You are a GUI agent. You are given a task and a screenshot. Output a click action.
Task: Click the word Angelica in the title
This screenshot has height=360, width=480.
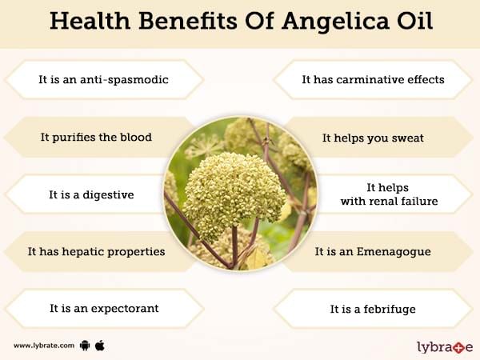click(335, 22)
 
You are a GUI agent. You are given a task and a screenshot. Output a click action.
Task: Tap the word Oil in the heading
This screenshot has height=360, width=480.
click(415, 21)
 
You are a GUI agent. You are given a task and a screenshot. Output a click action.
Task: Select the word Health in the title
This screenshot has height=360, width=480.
click(90, 21)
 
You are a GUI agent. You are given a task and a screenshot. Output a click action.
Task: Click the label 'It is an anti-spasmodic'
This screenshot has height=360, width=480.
click(103, 79)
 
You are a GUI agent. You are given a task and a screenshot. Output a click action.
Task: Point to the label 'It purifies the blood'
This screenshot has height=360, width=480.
click(96, 138)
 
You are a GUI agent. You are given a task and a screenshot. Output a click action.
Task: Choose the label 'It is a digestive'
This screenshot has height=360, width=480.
click(91, 195)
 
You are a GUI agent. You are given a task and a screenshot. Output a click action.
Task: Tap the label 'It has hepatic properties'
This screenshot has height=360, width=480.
click(97, 252)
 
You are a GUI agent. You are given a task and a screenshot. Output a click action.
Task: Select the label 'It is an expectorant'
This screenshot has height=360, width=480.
click(104, 309)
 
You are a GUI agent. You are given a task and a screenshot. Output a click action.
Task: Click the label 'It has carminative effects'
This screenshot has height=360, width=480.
click(373, 79)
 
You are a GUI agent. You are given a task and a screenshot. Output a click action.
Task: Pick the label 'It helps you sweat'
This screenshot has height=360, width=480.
click(373, 138)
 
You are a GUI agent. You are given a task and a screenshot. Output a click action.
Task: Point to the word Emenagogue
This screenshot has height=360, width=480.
click(394, 252)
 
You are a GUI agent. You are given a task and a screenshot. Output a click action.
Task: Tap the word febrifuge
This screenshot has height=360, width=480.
click(390, 309)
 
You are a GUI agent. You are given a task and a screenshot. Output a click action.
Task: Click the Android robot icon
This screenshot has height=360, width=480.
click(85, 346)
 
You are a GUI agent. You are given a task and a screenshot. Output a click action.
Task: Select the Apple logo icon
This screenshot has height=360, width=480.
click(100, 345)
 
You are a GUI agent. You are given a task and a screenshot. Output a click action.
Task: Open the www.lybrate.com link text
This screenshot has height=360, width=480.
click(44, 346)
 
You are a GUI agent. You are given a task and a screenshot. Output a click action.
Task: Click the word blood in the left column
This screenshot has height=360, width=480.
click(136, 137)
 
